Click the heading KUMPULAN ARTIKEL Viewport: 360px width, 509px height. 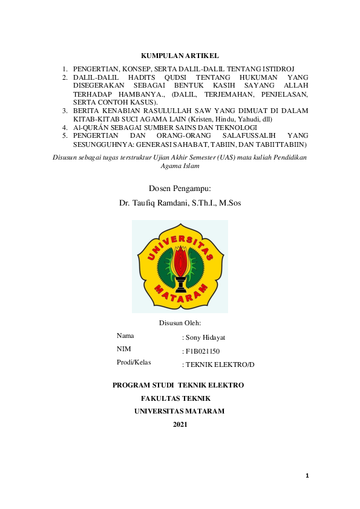pos(180,56)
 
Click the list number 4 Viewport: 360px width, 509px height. pos(65,128)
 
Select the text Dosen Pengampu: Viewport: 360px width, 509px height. pos(180,189)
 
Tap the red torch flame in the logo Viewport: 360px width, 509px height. pos(180,260)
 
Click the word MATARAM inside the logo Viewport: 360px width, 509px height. pos(180,296)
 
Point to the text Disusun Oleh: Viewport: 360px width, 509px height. pos(180,323)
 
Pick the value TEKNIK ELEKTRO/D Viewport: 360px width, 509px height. pos(220,365)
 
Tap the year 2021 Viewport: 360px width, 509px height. pos(180,424)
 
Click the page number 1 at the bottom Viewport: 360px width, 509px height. pos(307,476)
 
